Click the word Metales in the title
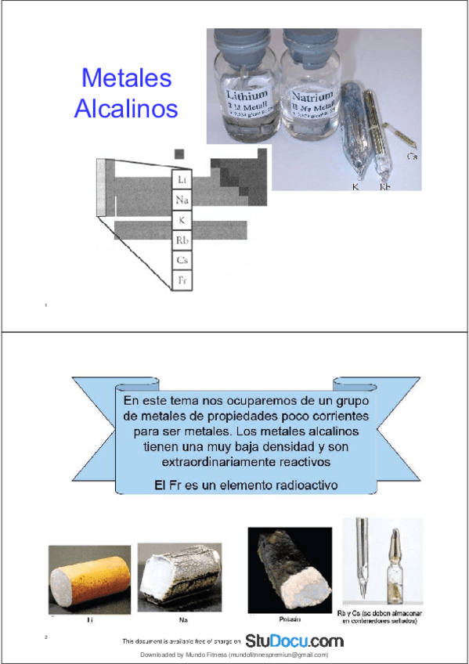click(126, 79)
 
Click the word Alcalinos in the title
click(126, 109)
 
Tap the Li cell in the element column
click(182, 180)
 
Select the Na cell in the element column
click(182, 200)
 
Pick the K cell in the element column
click(182, 220)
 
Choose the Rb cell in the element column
click(182, 240)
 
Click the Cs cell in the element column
click(182, 260)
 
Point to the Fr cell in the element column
click(182, 280)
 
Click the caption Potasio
click(286, 619)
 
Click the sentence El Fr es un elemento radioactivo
click(246, 485)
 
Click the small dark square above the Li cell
click(179, 153)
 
